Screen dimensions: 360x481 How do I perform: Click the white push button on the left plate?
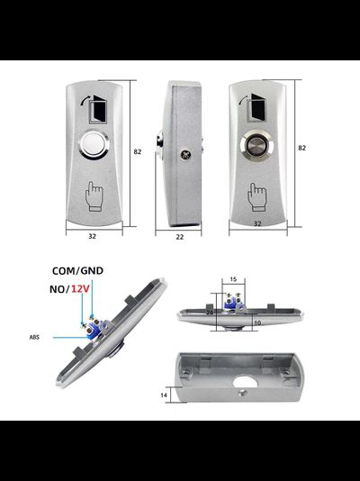(x=94, y=145)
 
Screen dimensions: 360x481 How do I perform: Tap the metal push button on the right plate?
(x=256, y=145)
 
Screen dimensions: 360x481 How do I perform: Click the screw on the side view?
(x=185, y=155)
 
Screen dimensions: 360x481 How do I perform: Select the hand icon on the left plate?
(x=94, y=196)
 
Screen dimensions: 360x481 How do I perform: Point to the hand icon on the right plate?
(x=256, y=197)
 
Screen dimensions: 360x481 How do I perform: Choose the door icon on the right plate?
(x=253, y=108)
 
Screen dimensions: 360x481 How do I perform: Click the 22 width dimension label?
(x=180, y=237)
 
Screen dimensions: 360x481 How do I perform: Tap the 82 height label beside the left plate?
(x=138, y=151)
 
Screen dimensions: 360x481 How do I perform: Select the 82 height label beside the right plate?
(x=302, y=148)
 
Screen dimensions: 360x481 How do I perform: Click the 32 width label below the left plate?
(x=92, y=236)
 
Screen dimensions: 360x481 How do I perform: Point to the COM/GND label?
(x=77, y=271)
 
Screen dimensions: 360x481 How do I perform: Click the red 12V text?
(x=80, y=289)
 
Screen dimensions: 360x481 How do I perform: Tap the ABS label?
(x=34, y=337)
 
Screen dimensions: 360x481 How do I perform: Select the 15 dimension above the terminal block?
(x=233, y=279)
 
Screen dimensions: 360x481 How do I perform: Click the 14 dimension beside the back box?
(x=164, y=395)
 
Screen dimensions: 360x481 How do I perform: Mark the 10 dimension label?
(x=257, y=322)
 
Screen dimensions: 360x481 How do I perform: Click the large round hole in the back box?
(x=245, y=382)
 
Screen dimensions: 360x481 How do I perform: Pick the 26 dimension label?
(x=211, y=313)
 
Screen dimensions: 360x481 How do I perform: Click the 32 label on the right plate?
(x=257, y=223)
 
